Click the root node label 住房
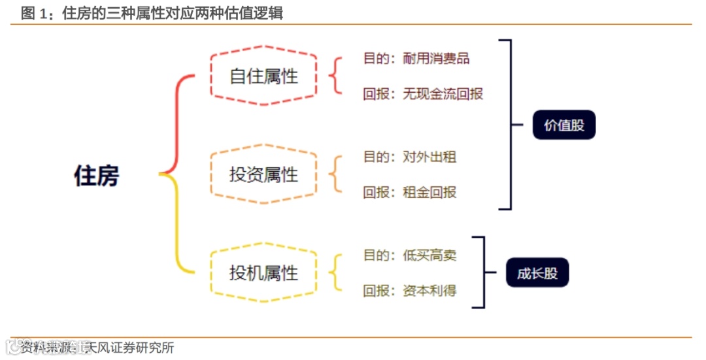[97, 176]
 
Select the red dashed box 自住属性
[263, 76]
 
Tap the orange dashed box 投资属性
[263, 174]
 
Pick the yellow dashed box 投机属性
[263, 272]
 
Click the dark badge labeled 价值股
[563, 125]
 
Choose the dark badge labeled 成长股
[537, 273]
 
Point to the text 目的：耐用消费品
[416, 58]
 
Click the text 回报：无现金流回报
[423, 93]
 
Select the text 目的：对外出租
[410, 157]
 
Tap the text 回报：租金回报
[410, 192]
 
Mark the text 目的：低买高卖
[410, 255]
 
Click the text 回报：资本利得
[410, 291]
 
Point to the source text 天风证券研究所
[131, 348]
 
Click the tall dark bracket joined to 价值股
[509, 125]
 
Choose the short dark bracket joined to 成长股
[484, 272]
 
